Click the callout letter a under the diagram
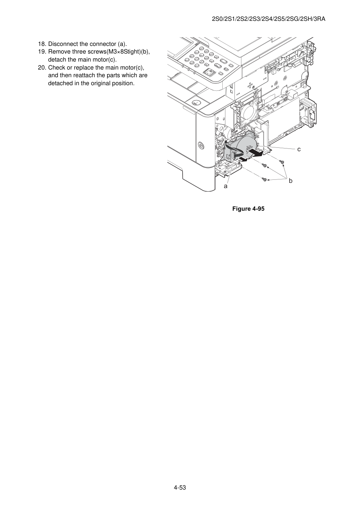(225, 186)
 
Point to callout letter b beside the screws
(290, 181)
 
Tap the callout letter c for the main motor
(299, 149)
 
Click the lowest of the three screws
(264, 180)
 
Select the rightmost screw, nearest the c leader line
(282, 161)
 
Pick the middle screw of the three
(264, 165)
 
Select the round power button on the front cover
(201, 145)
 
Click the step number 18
(42, 44)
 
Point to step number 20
(42, 67)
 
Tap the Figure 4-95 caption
(248, 209)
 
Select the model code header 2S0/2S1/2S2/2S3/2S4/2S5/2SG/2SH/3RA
(269, 19)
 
